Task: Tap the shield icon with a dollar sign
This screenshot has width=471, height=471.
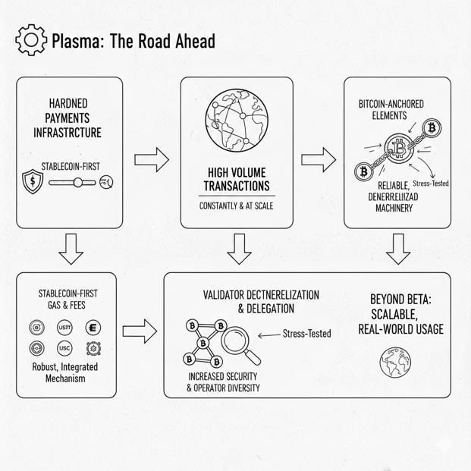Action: click(33, 182)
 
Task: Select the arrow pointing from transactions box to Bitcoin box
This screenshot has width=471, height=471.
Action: click(319, 159)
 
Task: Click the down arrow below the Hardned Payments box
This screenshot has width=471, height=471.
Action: click(70, 248)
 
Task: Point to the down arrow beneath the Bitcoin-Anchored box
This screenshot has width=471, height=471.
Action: click(397, 248)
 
